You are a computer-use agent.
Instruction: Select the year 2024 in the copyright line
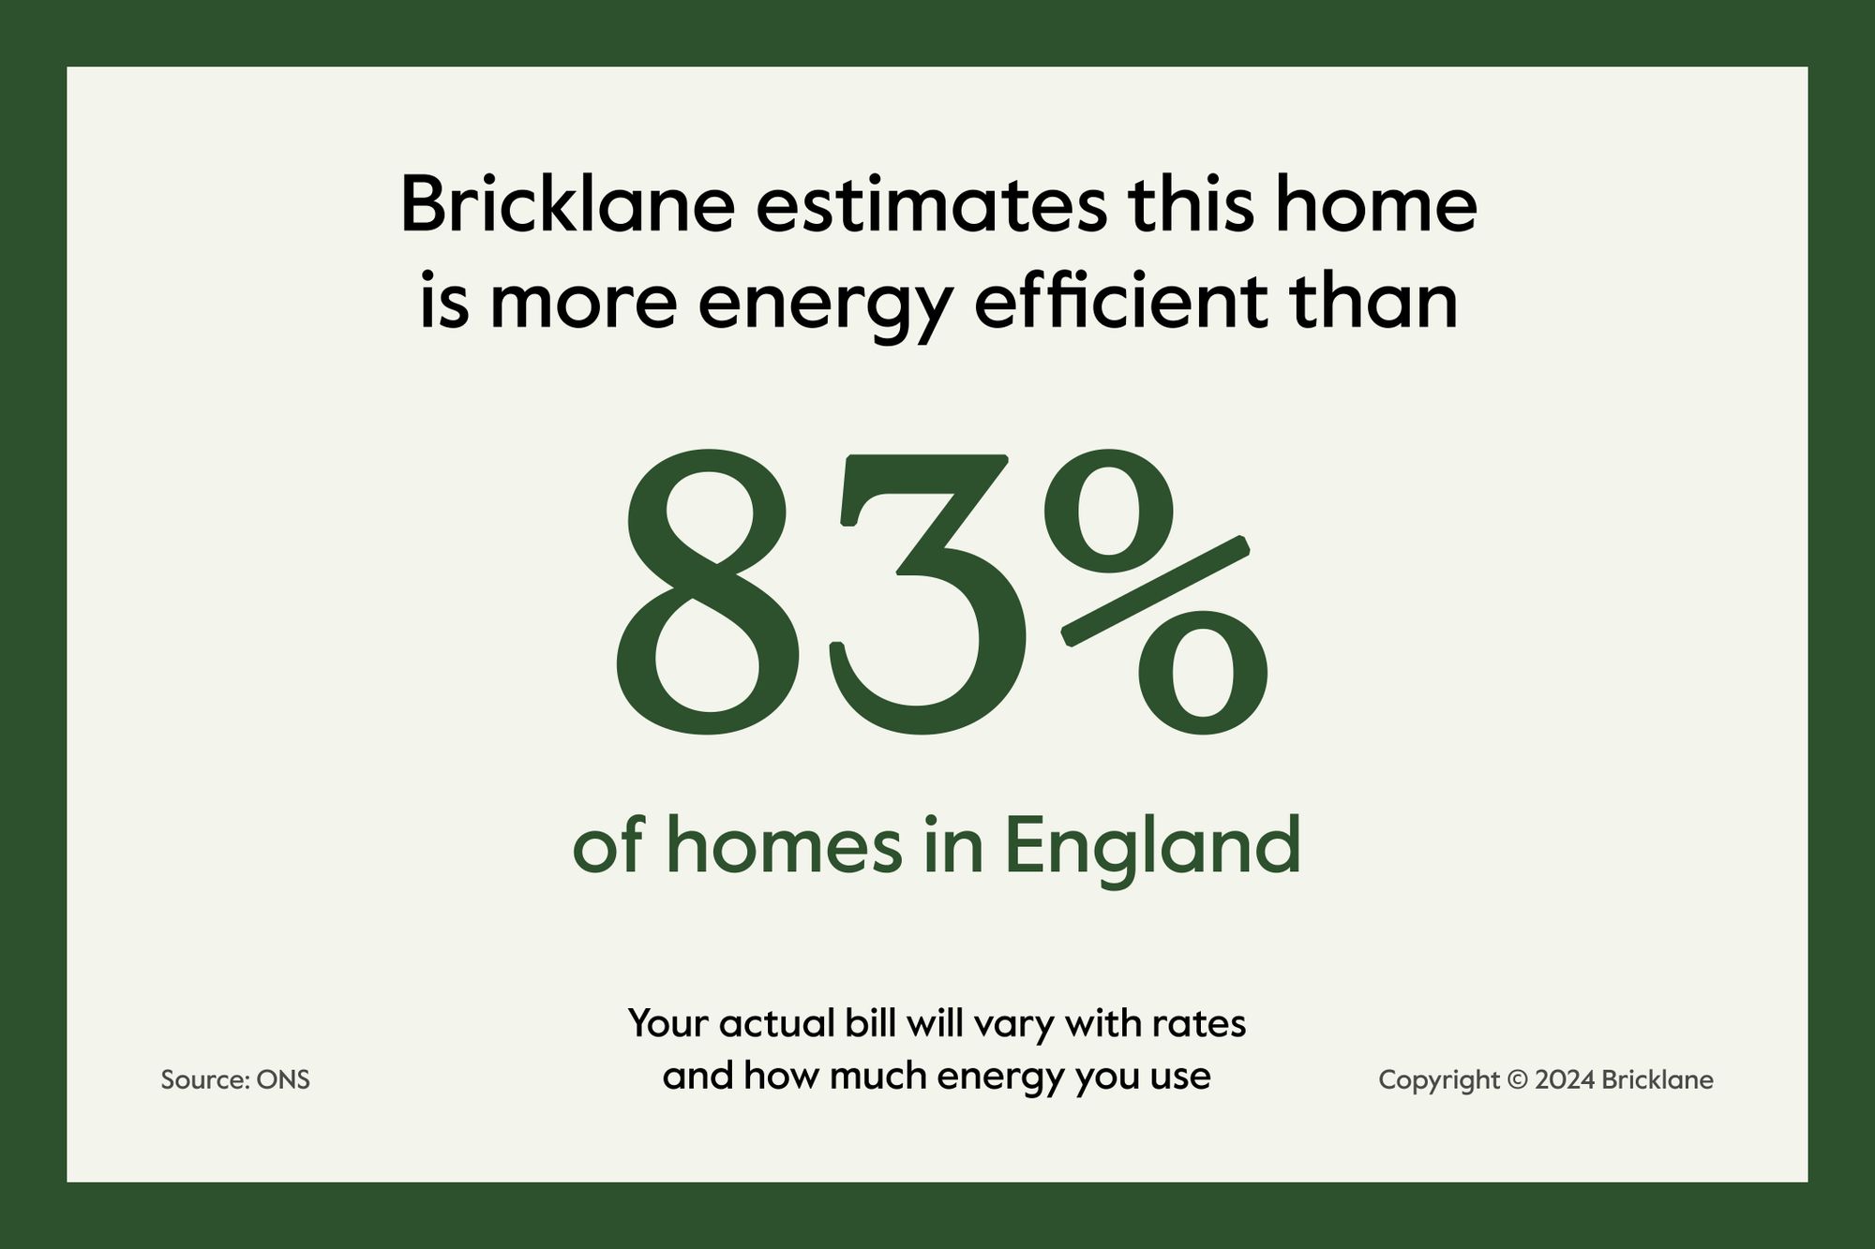(x=1565, y=1080)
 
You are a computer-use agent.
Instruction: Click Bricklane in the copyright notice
(x=1657, y=1080)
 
